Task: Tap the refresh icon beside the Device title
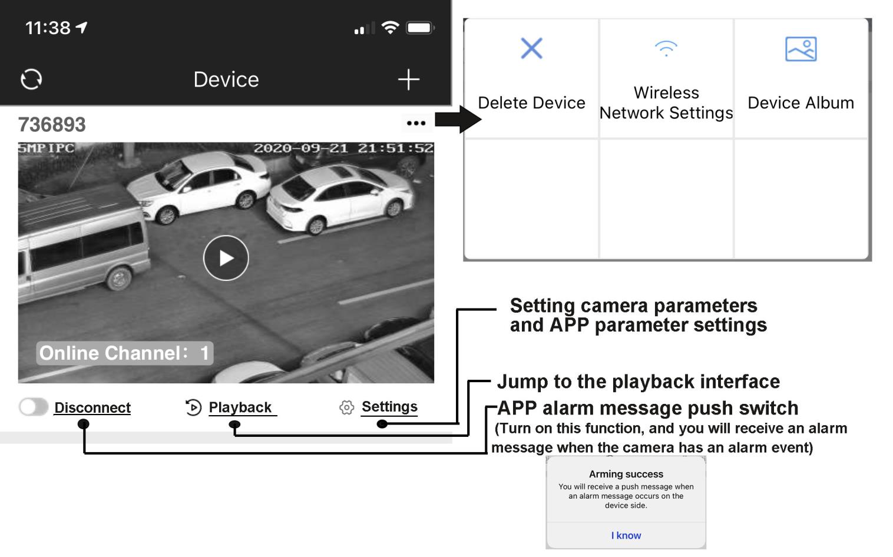pyautogui.click(x=31, y=79)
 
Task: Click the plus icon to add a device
pyautogui.click(x=408, y=79)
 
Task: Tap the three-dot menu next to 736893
pyautogui.click(x=416, y=123)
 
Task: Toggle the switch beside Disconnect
pyautogui.click(x=33, y=407)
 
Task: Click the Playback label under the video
pyautogui.click(x=240, y=407)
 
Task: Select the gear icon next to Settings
pyautogui.click(x=346, y=407)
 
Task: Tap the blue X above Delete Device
pyautogui.click(x=531, y=48)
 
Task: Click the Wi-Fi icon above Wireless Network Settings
pyautogui.click(x=666, y=48)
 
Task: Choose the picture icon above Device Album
pyautogui.click(x=801, y=49)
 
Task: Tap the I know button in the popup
pyautogui.click(x=626, y=535)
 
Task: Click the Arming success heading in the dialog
pyautogui.click(x=626, y=474)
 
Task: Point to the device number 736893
pyautogui.click(x=52, y=125)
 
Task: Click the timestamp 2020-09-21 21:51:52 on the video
pyautogui.click(x=343, y=148)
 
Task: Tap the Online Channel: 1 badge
pyautogui.click(x=124, y=353)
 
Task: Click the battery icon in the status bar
pyautogui.click(x=419, y=28)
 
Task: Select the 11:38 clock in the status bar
pyautogui.click(x=48, y=28)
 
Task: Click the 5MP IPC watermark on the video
pyautogui.click(x=46, y=148)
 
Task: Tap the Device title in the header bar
pyautogui.click(x=226, y=79)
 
